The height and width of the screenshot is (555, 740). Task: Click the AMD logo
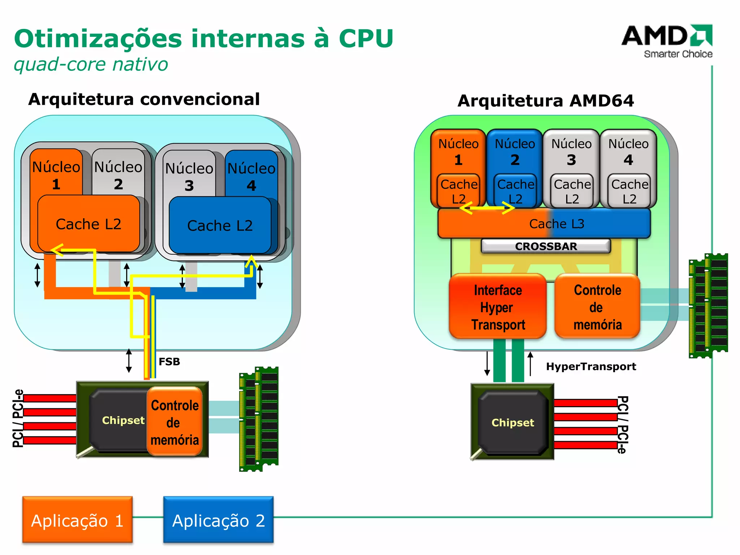pos(667,40)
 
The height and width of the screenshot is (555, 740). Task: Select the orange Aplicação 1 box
pos(77,520)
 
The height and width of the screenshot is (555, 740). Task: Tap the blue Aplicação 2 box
pos(218,520)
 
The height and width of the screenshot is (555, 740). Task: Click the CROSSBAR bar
pos(546,246)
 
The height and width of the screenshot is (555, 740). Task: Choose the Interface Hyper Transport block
pos(498,307)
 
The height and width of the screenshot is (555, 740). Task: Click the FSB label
pos(169,361)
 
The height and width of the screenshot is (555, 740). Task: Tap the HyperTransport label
pos(591,366)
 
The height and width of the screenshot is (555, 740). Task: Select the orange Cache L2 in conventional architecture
pos(89,224)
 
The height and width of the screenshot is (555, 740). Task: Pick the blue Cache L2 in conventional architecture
pos(220,225)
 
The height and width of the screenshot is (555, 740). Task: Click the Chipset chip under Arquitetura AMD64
pos(512,422)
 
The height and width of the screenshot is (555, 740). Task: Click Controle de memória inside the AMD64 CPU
pos(597,307)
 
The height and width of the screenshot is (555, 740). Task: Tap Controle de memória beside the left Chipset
pos(175,422)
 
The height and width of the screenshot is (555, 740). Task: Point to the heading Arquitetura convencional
pos(144,99)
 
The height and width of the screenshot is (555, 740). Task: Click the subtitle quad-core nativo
pos(91,64)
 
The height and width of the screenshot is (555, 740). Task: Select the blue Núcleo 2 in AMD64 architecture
pos(515,152)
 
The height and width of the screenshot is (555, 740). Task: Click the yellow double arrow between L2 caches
pos(487,208)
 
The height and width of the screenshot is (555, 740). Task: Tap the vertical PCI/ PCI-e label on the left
pos(18,418)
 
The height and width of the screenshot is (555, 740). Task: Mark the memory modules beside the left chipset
pos(259,419)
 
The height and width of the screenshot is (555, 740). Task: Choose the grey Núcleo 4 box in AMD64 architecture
pos(628,152)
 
